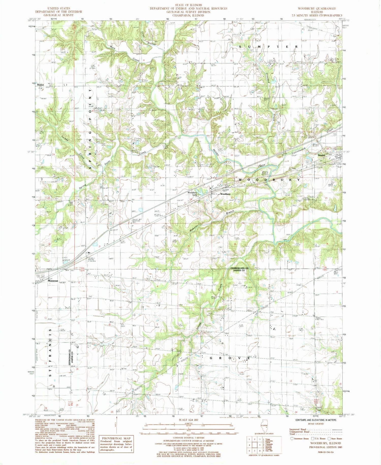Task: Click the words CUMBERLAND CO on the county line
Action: pos(239,268)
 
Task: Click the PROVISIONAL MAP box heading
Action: pos(116,438)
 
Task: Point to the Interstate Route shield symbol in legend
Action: pos(291,438)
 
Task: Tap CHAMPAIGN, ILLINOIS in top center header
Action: pos(188,15)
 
